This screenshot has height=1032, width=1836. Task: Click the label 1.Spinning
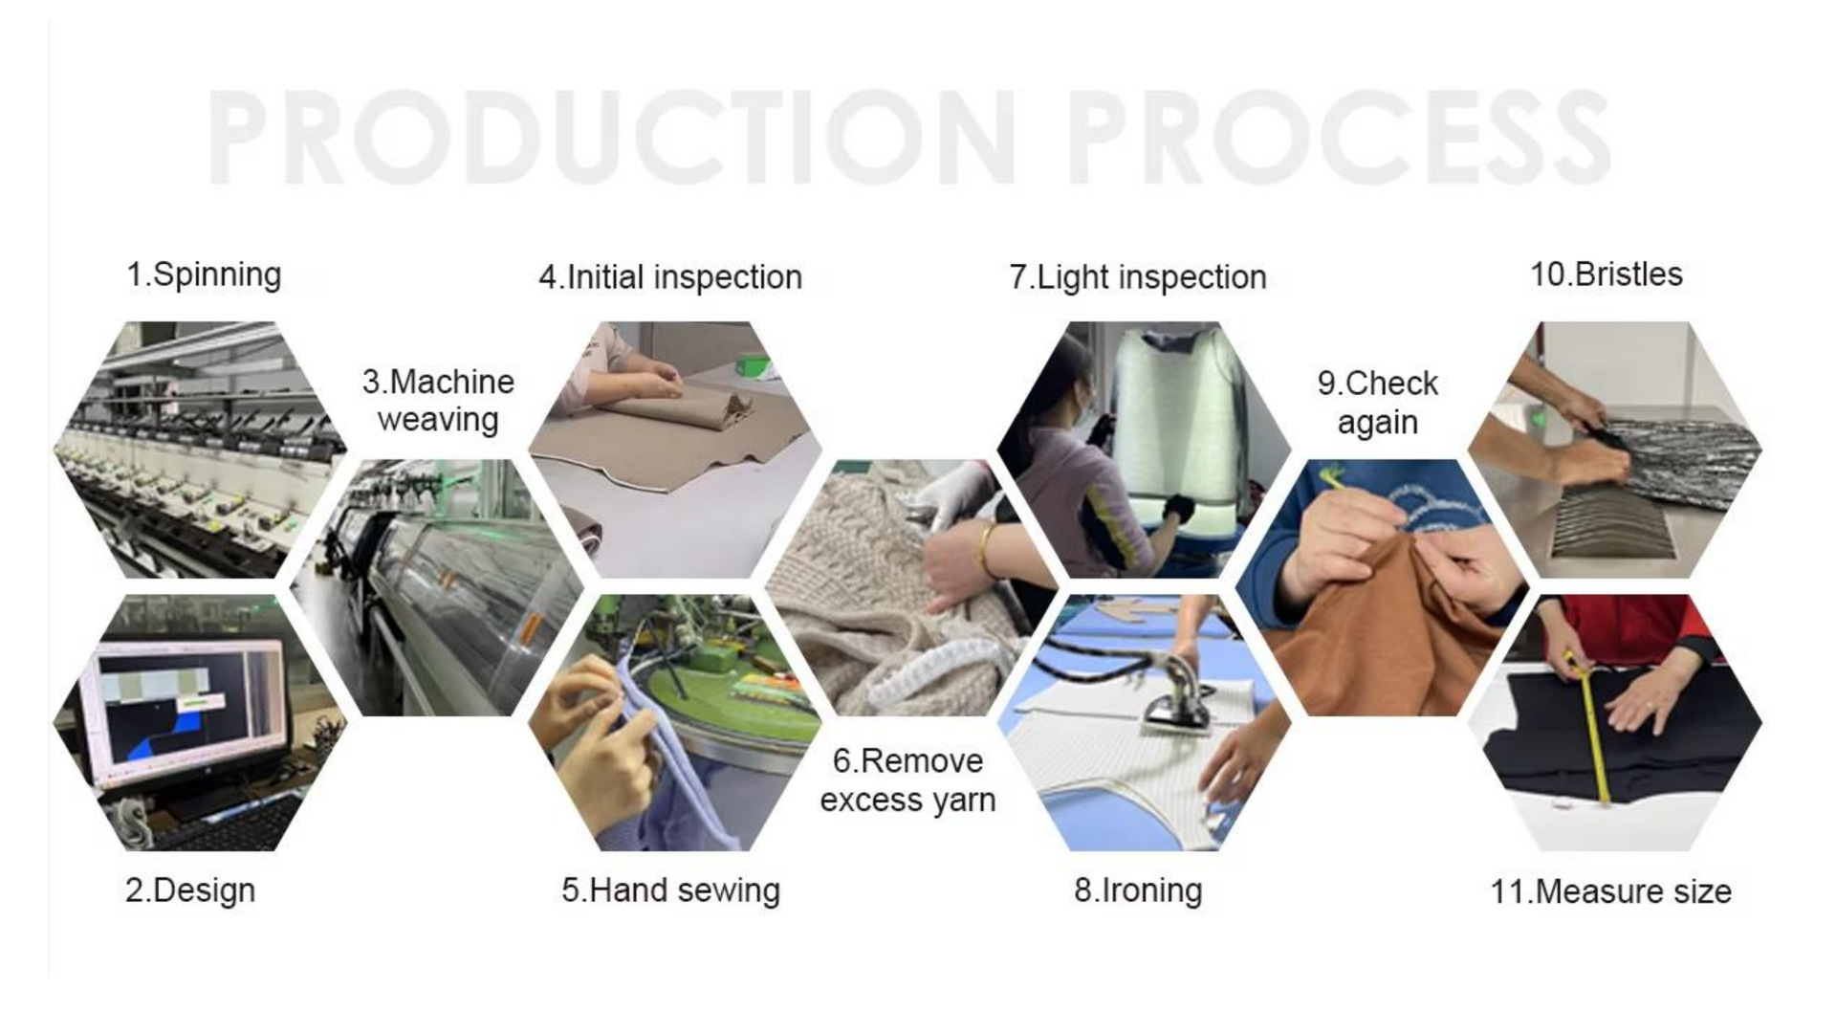tap(204, 274)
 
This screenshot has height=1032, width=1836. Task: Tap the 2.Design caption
tap(190, 890)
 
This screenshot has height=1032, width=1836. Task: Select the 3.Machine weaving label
tap(438, 401)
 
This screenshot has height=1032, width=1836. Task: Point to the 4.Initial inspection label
tap(670, 277)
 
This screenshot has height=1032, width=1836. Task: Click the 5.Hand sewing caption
tap(670, 890)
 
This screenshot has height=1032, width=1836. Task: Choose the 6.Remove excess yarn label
tap(907, 780)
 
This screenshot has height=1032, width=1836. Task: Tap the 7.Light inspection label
tap(1138, 277)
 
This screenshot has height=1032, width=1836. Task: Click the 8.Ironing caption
tap(1138, 890)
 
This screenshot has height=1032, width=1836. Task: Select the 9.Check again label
tap(1378, 403)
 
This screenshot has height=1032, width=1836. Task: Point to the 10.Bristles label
tap(1606, 274)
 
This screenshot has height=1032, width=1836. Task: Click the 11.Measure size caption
tap(1611, 891)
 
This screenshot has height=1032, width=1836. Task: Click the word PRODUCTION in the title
tap(611, 137)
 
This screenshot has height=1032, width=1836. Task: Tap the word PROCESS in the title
tap(1339, 137)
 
